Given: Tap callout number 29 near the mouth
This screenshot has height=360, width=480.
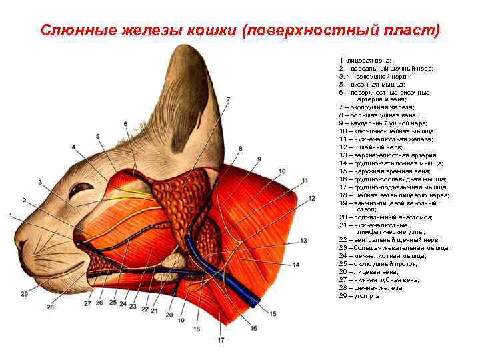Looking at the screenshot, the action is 24,293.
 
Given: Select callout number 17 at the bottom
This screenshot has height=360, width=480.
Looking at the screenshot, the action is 221,340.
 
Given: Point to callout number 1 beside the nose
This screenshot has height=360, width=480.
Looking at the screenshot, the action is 11,215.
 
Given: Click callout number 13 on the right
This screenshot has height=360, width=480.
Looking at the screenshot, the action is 303,240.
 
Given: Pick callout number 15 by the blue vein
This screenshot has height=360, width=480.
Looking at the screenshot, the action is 272,313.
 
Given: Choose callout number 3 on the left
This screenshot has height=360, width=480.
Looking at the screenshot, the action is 40,182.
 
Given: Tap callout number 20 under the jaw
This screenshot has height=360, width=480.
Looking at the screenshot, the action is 168,315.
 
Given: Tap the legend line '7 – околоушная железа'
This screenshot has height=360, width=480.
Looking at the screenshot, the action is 376,107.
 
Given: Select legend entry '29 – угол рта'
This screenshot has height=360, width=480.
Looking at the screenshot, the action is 359,295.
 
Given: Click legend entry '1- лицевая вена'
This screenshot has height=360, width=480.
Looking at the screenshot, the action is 365,61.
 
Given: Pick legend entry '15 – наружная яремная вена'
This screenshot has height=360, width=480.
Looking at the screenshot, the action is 385,171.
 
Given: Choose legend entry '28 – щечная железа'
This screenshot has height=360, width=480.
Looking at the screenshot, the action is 370,287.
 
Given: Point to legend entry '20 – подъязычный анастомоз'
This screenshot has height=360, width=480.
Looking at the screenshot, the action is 385,217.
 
